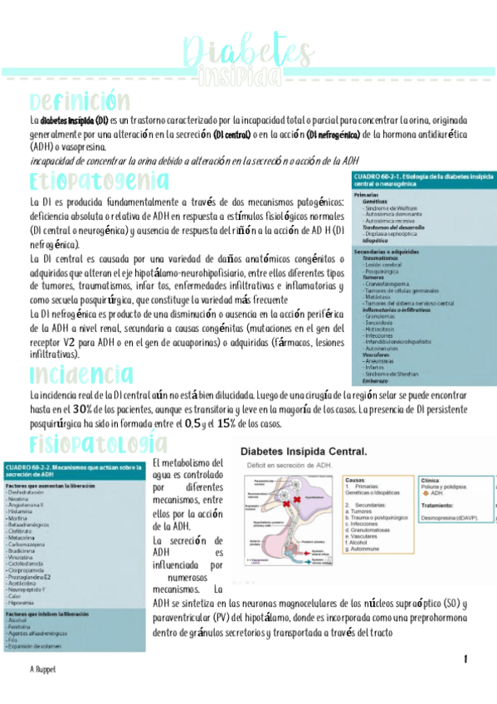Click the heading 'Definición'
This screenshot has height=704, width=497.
[79, 102]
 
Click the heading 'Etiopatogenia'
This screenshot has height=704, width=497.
[99, 181]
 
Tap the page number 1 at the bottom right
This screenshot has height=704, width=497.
[465, 658]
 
